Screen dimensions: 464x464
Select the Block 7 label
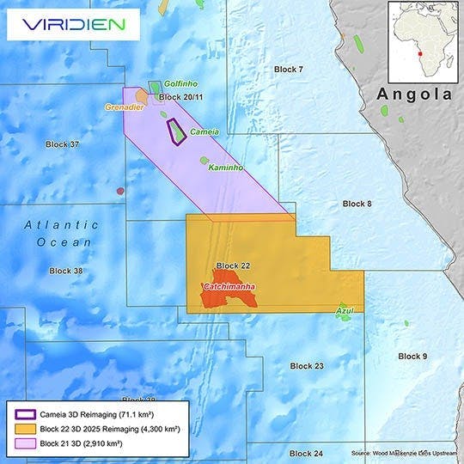pyautogui.click(x=289, y=68)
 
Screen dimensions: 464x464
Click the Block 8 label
pyautogui.click(x=357, y=204)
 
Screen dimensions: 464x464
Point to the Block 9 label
pyautogui.click(x=412, y=356)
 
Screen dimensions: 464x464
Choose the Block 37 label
pyautogui.click(x=62, y=143)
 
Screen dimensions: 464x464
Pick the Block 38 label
pyautogui.click(x=66, y=271)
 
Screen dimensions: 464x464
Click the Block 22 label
pyautogui.click(x=233, y=266)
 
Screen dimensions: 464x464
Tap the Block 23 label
pyautogui.click(x=307, y=366)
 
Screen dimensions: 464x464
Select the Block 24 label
pyautogui.click(x=306, y=453)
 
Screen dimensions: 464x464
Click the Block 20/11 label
pyautogui.click(x=180, y=98)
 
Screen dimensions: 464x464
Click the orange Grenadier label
pyautogui.click(x=121, y=107)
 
